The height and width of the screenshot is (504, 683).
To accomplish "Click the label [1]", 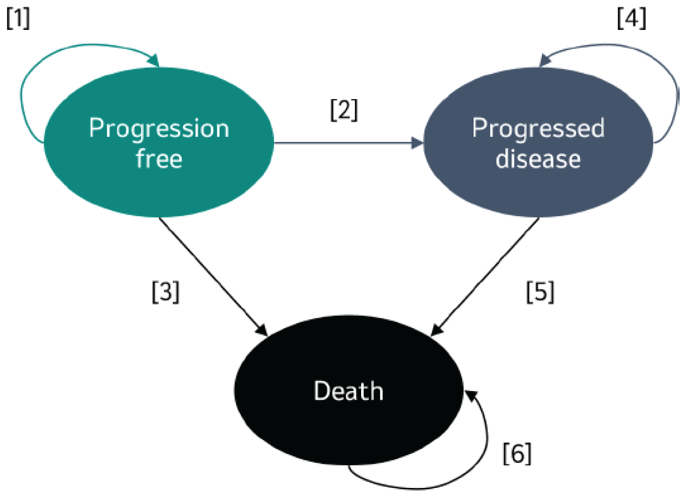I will click(x=18, y=19).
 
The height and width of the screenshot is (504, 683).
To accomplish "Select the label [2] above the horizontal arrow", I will click(x=344, y=110).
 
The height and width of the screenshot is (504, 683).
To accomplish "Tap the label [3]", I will click(x=166, y=292).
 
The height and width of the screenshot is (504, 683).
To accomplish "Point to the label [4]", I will click(x=631, y=19).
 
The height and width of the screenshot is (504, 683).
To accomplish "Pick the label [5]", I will click(x=540, y=292).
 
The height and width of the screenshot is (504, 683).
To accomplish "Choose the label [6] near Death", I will click(x=517, y=453).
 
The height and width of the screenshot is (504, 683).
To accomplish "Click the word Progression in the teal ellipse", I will click(x=159, y=129).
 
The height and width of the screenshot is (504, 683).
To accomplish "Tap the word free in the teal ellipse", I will click(x=159, y=159).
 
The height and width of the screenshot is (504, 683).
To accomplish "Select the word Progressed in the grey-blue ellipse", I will click(x=538, y=129).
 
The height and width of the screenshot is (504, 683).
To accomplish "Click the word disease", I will click(x=538, y=159).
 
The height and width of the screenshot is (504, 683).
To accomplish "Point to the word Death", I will click(x=348, y=391).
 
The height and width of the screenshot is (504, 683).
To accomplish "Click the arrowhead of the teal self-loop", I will click(x=154, y=60).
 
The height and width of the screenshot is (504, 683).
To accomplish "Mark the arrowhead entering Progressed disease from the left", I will click(x=417, y=143).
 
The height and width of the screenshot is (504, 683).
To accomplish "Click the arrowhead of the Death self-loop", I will click(x=471, y=396).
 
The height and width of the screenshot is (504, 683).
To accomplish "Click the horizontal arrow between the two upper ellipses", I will click(x=344, y=143).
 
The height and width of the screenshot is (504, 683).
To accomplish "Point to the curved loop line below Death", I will click(x=415, y=488).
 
